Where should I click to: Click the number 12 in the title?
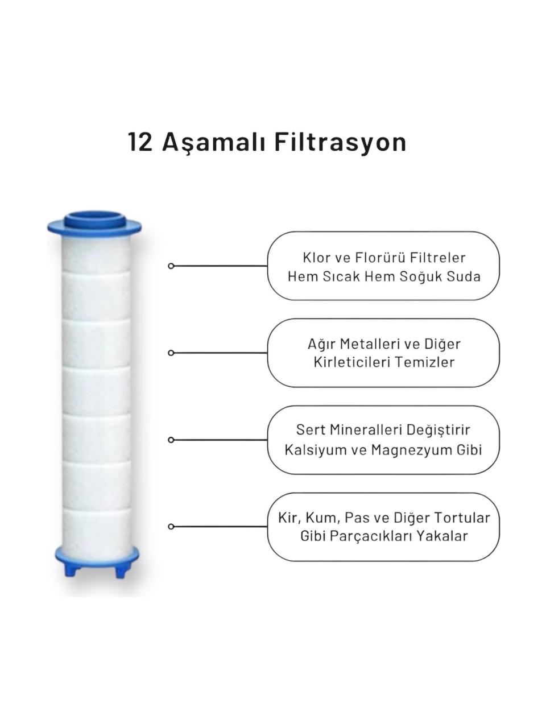tap(140, 142)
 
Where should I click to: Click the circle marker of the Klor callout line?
tap(171, 266)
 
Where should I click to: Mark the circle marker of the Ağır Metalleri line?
tap(171, 353)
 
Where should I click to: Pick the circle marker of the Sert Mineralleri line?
tap(171, 440)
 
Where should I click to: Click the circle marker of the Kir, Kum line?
tap(171, 527)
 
